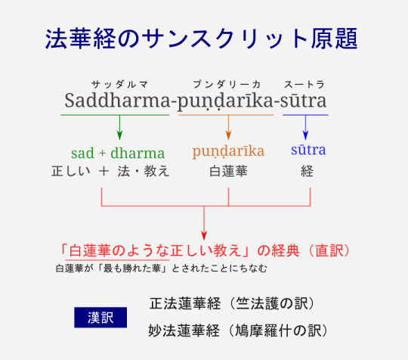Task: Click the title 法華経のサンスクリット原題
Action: (202, 39)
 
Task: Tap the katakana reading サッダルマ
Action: (119, 85)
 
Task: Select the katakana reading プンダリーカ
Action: (227, 85)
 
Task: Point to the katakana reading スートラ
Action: (304, 85)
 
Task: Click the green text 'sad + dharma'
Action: (118, 153)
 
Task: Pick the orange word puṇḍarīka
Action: (228, 151)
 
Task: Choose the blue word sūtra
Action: (308, 150)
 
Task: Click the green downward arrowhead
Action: (119, 135)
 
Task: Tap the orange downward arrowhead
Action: (228, 135)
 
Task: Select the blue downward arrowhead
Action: (305, 135)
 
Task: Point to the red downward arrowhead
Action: (204, 235)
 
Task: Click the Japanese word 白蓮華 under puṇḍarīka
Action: (228, 172)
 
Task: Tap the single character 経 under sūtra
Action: (307, 172)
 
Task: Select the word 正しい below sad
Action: (71, 172)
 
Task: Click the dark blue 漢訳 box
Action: (100, 318)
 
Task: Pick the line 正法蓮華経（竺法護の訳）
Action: (233, 303)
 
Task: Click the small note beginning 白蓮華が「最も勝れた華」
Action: (162, 268)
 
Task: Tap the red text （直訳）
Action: (330, 250)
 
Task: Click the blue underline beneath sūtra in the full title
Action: (305, 115)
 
